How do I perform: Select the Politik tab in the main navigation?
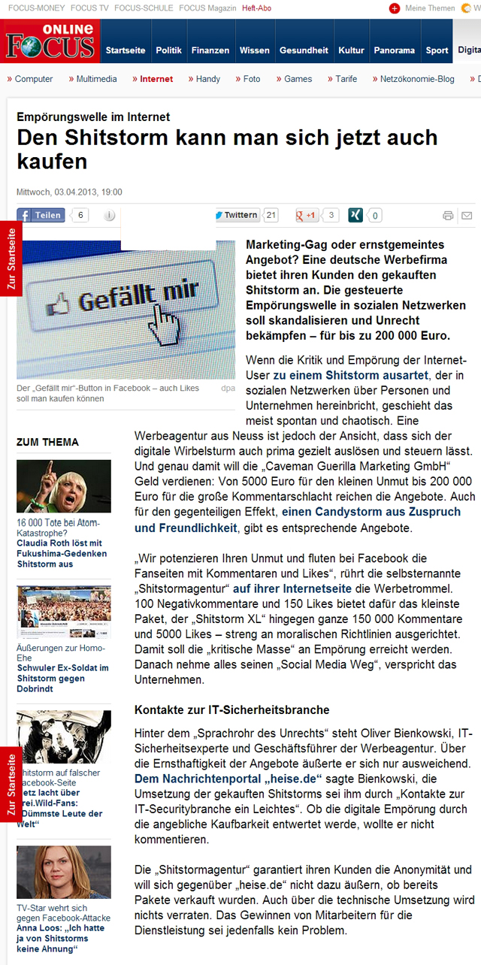[168, 50]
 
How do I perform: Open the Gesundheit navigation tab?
[304, 50]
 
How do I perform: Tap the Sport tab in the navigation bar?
[437, 50]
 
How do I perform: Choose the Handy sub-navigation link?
[207, 79]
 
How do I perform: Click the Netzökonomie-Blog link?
[416, 79]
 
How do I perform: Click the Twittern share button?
[237, 215]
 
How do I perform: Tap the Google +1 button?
[307, 215]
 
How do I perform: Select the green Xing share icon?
[355, 215]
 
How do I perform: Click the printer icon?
[448, 216]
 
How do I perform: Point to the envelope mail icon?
[467, 216]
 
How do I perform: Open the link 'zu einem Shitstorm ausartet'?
[350, 375]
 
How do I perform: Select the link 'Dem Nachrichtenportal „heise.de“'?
[228, 779]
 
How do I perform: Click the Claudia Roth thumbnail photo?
[63, 486]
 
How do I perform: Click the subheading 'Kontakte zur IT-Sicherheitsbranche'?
[231, 709]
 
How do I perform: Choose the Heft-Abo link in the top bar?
[257, 8]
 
